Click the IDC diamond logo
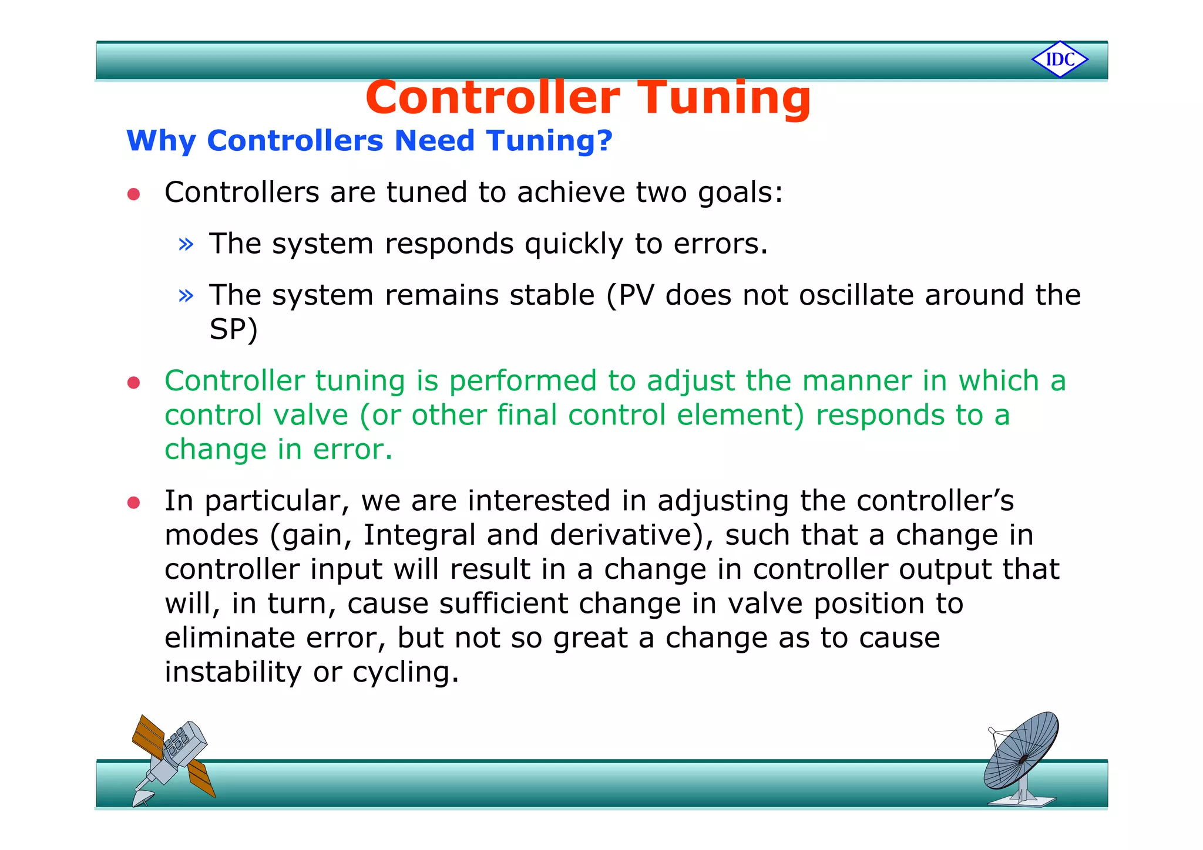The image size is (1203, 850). point(1060,59)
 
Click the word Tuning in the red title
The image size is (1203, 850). point(724,97)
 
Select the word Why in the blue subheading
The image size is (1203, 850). point(160,141)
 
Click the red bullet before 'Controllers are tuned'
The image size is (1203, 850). point(134,194)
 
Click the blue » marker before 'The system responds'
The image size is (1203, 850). point(186,244)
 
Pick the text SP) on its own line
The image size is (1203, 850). point(233,329)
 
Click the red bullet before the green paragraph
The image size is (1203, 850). point(134,383)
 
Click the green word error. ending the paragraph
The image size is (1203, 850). point(352,450)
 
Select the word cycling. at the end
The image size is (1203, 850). point(405,672)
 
